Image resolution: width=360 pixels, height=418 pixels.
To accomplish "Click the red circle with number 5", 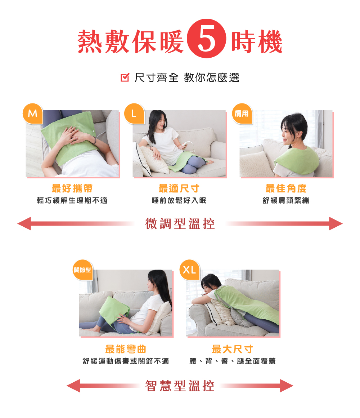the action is click(x=207, y=39).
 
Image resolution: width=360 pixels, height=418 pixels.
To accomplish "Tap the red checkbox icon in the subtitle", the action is click(x=125, y=77).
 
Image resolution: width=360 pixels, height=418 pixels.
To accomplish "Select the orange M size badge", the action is click(x=33, y=114).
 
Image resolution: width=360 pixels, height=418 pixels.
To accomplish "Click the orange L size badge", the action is click(x=134, y=114).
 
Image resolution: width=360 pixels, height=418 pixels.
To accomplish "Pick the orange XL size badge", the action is click(x=190, y=270).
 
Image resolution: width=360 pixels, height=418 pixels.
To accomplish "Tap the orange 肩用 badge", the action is click(x=242, y=114).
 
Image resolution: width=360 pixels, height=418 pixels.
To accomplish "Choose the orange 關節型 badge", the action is click(x=82, y=270).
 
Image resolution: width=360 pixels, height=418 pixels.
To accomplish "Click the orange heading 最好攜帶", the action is click(x=72, y=188).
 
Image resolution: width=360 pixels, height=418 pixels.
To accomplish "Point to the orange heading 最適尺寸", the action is click(x=179, y=188).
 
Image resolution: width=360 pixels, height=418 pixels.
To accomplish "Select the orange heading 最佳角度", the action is click(x=286, y=188).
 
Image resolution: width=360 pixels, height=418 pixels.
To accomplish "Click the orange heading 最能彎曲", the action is click(x=126, y=349).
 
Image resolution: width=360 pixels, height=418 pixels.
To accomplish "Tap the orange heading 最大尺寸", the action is click(x=233, y=349).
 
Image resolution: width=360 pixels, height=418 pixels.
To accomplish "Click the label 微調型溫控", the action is click(x=180, y=223).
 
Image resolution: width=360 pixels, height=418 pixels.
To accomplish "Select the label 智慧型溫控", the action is click(x=180, y=386).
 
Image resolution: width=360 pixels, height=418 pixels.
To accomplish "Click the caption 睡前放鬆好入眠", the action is click(x=179, y=200).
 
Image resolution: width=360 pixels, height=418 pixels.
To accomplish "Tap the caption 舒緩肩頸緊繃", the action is click(x=286, y=200).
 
